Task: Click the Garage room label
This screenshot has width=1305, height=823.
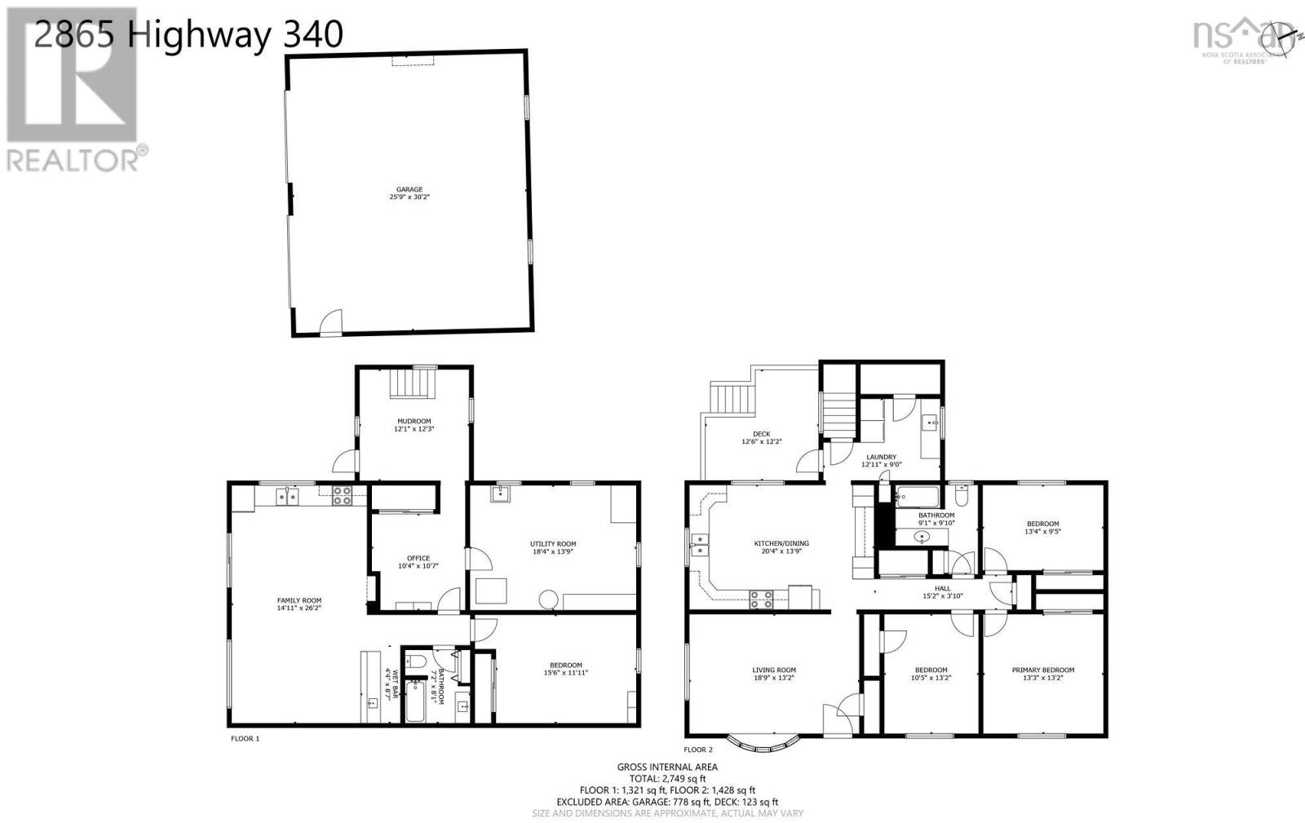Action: pyautogui.click(x=409, y=189)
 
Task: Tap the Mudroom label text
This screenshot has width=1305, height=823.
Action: pyautogui.click(x=413, y=421)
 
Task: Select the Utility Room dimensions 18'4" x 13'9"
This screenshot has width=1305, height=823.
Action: pyautogui.click(x=553, y=552)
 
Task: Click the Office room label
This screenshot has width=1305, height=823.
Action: pyautogui.click(x=418, y=558)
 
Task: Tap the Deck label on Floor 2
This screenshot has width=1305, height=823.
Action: pyautogui.click(x=761, y=434)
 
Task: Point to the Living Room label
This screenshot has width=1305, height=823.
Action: pyautogui.click(x=773, y=670)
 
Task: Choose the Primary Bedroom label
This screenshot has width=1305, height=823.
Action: pyautogui.click(x=1042, y=670)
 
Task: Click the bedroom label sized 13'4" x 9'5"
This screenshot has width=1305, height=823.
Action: pyautogui.click(x=1042, y=528)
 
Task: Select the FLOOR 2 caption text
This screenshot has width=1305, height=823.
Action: pyautogui.click(x=698, y=750)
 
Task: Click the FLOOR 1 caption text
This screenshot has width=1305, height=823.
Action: pyautogui.click(x=245, y=738)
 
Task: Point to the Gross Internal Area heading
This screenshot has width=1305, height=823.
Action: pyautogui.click(x=667, y=767)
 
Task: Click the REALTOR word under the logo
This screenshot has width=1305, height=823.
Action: pyautogui.click(x=73, y=160)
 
